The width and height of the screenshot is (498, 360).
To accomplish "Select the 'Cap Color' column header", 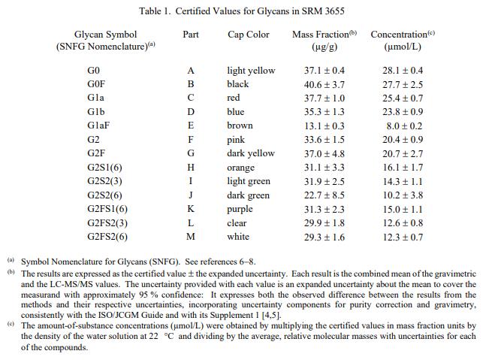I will pos(249,35).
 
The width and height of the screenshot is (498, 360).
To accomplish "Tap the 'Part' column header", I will pos(191,35).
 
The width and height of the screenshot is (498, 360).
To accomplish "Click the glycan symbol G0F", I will pos(95,84).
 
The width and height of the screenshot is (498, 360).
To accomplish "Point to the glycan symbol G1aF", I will pos(98,126).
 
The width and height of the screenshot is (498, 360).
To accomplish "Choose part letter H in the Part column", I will pos(191,168).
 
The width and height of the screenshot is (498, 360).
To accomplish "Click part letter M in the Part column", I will pos(191,237).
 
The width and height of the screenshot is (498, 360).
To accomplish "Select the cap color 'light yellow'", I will pos(251,71).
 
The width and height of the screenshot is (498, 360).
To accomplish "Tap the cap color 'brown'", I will pos(240,126).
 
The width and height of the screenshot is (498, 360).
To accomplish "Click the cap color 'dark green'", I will pos(248,195).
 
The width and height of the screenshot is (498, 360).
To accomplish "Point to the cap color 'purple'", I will pos(240,209).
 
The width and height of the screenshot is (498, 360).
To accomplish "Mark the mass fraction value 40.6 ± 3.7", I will pos(324,84).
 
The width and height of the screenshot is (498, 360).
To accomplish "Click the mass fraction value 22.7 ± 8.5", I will pos(324,195).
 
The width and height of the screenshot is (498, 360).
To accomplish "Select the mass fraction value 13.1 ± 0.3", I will pos(324,126).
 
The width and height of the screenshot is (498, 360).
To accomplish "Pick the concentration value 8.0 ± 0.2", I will pos(404,126).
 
